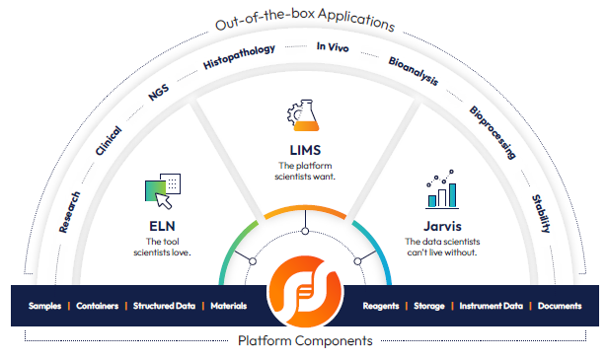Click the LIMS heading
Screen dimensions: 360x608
(x=304, y=149)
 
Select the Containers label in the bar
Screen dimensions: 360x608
(x=99, y=306)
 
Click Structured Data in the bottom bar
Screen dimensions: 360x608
(x=165, y=306)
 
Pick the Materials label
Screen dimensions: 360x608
(x=228, y=306)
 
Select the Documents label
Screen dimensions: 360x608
(x=560, y=306)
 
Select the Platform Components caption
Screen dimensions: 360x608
(x=305, y=341)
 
